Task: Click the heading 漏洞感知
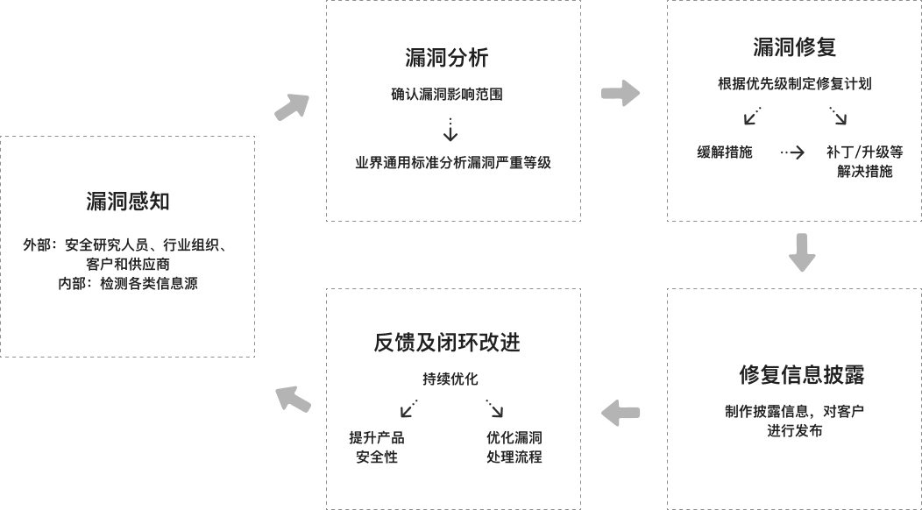pyautogui.click(x=127, y=202)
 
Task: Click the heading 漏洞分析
pyautogui.click(x=446, y=59)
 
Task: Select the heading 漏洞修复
pyautogui.click(x=794, y=47)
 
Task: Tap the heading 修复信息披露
pyautogui.click(x=802, y=375)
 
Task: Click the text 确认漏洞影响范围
pyautogui.click(x=447, y=95)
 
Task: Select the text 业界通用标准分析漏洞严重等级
pyautogui.click(x=452, y=162)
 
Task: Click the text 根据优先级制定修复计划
pyautogui.click(x=794, y=84)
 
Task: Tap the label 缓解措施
pyautogui.click(x=725, y=152)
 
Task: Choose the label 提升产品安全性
pyautogui.click(x=377, y=447)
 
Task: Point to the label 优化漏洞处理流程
pyautogui.click(x=514, y=447)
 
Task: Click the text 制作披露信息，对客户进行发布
pyautogui.click(x=795, y=420)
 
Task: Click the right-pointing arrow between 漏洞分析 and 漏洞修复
pyautogui.click(x=621, y=93)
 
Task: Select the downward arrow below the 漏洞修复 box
pyautogui.click(x=802, y=253)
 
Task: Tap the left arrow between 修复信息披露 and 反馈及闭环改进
pyautogui.click(x=621, y=413)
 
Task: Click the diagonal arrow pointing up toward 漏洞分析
pyautogui.click(x=292, y=106)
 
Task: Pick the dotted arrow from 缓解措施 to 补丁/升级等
pyautogui.click(x=792, y=152)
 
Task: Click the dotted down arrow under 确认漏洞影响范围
pyautogui.click(x=450, y=130)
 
